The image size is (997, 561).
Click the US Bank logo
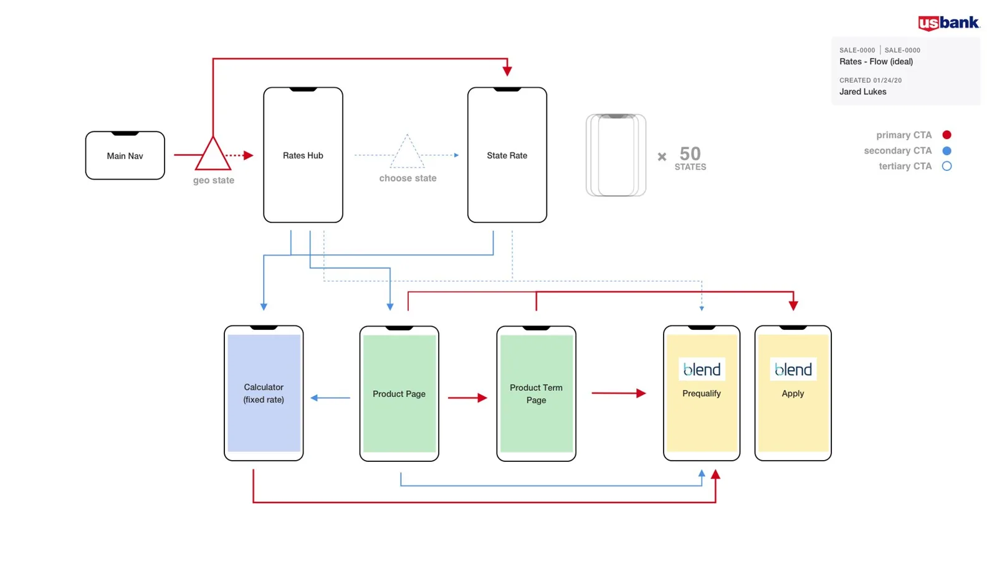click(x=949, y=23)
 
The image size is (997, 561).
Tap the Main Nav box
click(x=125, y=155)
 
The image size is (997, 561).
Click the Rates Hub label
click(x=303, y=155)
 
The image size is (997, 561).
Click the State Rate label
click(x=507, y=155)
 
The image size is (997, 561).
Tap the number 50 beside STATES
click(x=690, y=154)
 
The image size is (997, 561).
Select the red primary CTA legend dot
click(x=947, y=135)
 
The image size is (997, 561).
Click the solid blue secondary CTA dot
click(x=947, y=151)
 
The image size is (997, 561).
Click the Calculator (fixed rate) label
click(x=264, y=393)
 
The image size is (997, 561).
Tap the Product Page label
click(x=399, y=394)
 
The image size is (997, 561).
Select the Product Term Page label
click(x=537, y=394)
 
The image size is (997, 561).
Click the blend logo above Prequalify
click(x=702, y=369)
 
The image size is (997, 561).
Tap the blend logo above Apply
click(x=793, y=369)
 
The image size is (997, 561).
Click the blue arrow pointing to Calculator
click(x=330, y=398)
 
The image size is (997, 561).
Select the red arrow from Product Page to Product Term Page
click(x=467, y=398)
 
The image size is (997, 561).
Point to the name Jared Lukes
click(x=862, y=92)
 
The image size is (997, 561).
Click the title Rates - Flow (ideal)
click(x=876, y=62)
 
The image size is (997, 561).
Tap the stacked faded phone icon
click(x=616, y=155)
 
